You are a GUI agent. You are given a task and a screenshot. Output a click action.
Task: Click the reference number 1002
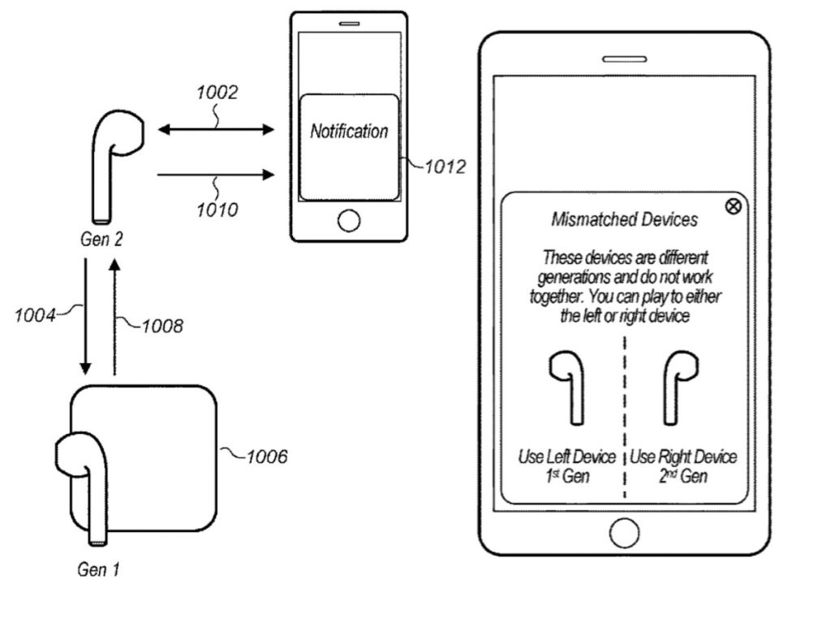tap(217, 93)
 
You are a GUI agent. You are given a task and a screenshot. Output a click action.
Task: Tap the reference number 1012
tap(445, 167)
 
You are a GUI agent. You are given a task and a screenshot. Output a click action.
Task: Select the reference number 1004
tap(37, 314)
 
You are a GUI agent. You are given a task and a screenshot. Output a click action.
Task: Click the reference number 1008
tap(162, 327)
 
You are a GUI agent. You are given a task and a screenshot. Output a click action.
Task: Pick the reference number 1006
tap(265, 457)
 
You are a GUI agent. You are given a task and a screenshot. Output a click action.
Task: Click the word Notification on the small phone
tap(349, 131)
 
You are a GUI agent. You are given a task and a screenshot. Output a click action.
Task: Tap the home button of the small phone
tap(349, 220)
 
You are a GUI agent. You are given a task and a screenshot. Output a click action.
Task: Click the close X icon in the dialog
tap(732, 206)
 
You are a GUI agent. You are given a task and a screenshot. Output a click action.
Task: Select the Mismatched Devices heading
tap(624, 219)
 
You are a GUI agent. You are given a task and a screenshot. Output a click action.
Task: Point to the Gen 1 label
tap(98, 569)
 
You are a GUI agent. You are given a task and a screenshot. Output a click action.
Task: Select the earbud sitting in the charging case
tap(85, 479)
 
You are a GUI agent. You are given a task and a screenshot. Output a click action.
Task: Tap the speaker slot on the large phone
tap(623, 58)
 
